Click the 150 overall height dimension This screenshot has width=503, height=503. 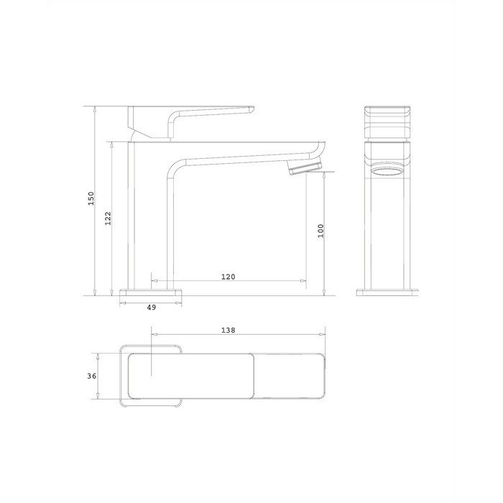(x=91, y=198)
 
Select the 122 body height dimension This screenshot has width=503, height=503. (x=108, y=218)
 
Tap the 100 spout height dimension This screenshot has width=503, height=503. (x=320, y=231)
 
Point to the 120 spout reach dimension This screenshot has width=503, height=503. (x=228, y=277)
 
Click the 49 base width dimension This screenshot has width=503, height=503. (x=152, y=308)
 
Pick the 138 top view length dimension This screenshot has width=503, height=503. (x=228, y=330)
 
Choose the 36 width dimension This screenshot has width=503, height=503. (x=92, y=376)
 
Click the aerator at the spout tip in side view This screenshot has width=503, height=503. (x=304, y=168)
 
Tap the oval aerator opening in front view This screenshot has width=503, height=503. (x=387, y=170)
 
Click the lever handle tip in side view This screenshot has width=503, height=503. (x=251, y=110)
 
